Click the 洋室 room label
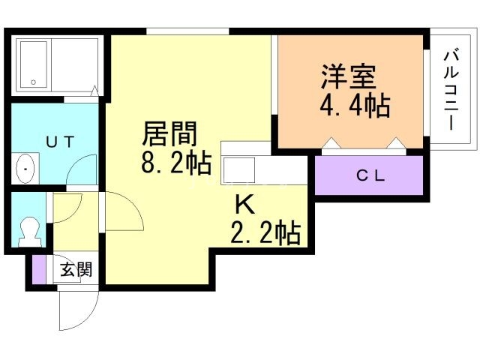point(349,76)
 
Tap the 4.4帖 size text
point(355,106)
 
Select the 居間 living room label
point(169,133)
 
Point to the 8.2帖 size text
point(176,163)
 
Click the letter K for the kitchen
point(245,204)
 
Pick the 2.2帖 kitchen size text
point(265,233)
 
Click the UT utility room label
point(60,142)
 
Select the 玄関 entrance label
point(76,270)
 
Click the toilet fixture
point(30,232)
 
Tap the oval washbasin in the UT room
point(25,169)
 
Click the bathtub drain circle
point(33,82)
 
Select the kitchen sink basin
point(239,170)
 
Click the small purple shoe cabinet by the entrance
point(39,269)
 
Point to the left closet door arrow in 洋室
point(330,142)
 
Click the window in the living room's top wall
point(187,31)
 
